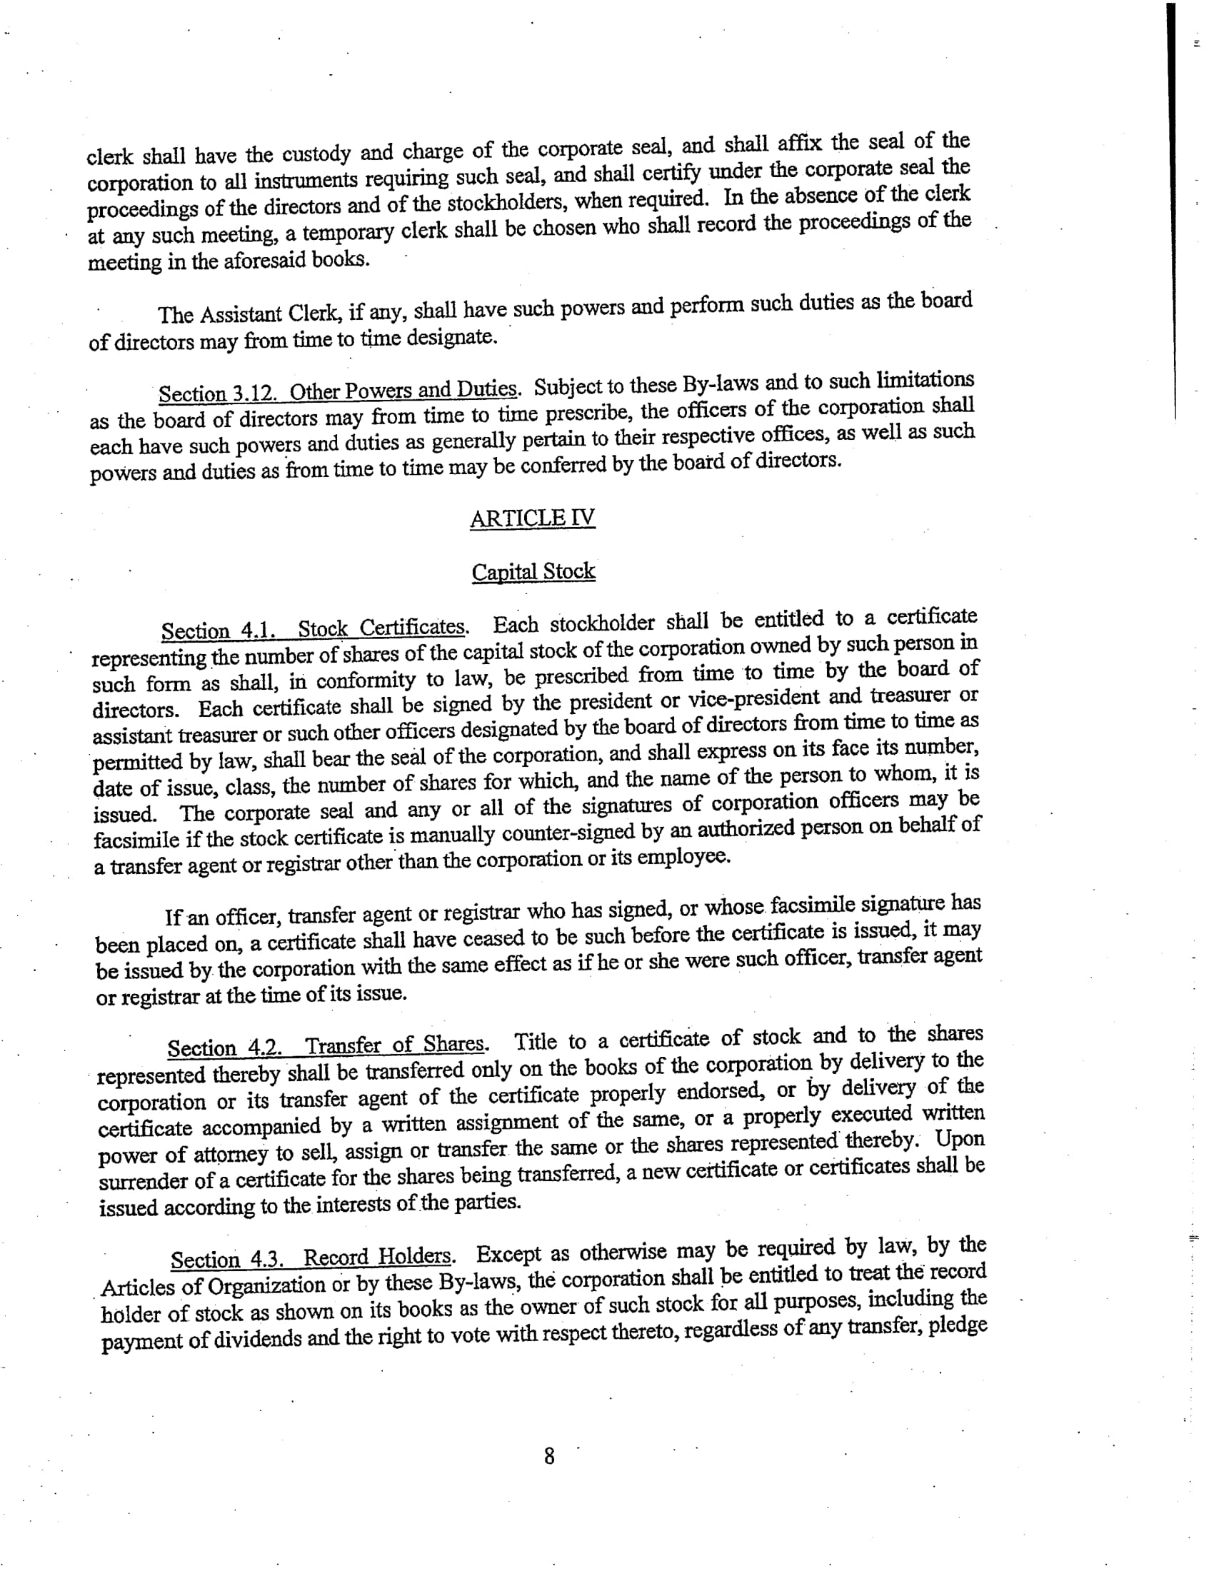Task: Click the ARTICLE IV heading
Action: (x=532, y=518)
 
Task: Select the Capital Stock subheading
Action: (x=533, y=572)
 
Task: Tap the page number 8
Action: (x=549, y=1457)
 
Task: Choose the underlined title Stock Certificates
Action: (x=382, y=628)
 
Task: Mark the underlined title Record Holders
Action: (x=379, y=1256)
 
